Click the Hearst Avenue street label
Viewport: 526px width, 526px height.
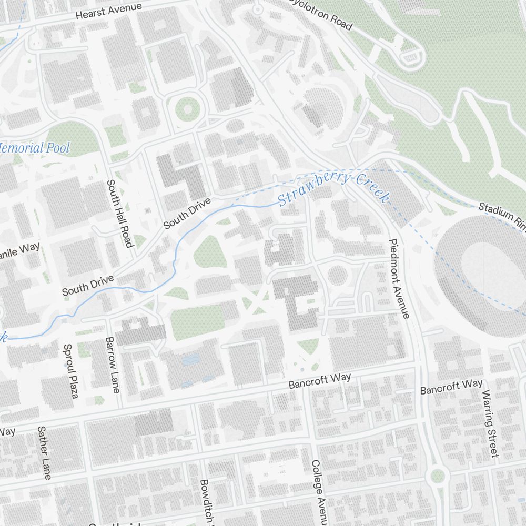pyautogui.click(x=109, y=11)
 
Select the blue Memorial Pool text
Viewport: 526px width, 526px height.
pyautogui.click(x=34, y=148)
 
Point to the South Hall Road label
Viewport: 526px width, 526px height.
pyautogui.click(x=119, y=213)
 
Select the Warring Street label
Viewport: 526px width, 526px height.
pyautogui.click(x=490, y=423)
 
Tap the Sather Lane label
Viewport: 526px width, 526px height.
pyautogui.click(x=44, y=452)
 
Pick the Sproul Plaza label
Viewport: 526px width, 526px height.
pyautogui.click(x=70, y=371)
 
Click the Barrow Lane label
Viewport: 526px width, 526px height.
pyautogui.click(x=113, y=365)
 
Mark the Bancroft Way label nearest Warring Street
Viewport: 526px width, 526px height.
pyautogui.click(x=451, y=387)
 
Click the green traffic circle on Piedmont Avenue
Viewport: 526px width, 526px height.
pyautogui.click(x=438, y=477)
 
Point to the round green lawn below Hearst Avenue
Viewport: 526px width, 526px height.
pyautogui.click(x=186, y=109)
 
